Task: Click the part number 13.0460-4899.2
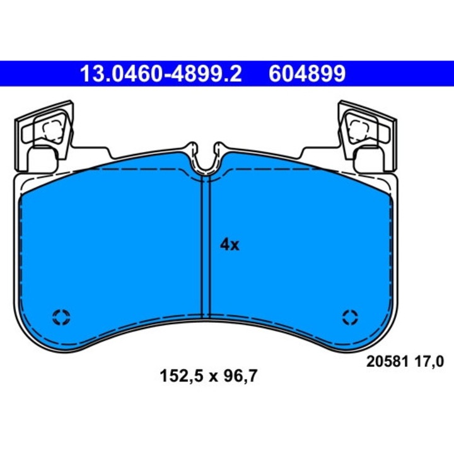click(160, 74)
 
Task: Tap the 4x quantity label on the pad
click(230, 245)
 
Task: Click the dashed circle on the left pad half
click(62, 317)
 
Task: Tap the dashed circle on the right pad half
click(350, 317)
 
